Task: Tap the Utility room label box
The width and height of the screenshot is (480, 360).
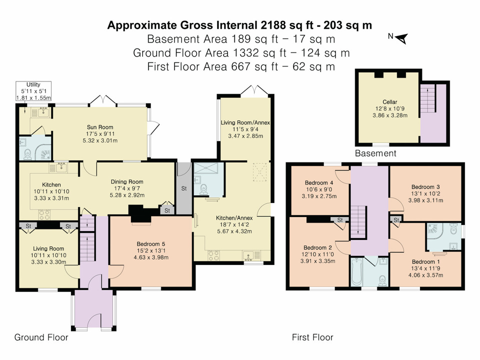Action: [x=34, y=91]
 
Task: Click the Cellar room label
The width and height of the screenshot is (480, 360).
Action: [x=389, y=102]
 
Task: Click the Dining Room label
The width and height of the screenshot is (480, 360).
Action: [x=128, y=182]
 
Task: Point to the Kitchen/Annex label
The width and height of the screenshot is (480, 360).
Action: [x=234, y=218]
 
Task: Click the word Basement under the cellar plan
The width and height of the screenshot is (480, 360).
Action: [x=375, y=153]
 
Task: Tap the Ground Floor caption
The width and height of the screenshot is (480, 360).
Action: [x=41, y=337]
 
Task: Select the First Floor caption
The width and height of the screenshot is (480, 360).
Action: [x=312, y=337]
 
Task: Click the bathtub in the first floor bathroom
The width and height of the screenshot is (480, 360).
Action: [x=360, y=273]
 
